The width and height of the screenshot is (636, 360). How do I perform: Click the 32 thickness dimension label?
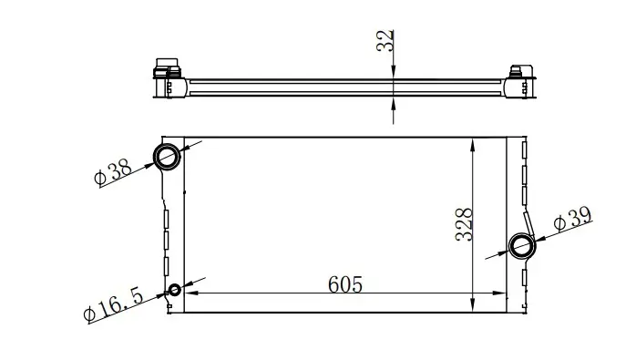[385, 41]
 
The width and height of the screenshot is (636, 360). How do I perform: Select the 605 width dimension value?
[345, 284]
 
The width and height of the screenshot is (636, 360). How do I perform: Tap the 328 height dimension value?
[464, 224]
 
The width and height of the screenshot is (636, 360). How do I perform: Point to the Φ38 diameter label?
[113, 171]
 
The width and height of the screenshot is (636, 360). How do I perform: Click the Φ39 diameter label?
[573, 220]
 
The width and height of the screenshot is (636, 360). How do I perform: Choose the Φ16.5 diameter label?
[113, 304]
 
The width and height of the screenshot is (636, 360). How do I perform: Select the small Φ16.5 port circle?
[175, 290]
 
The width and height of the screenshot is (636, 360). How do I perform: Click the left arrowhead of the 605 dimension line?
[191, 293]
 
